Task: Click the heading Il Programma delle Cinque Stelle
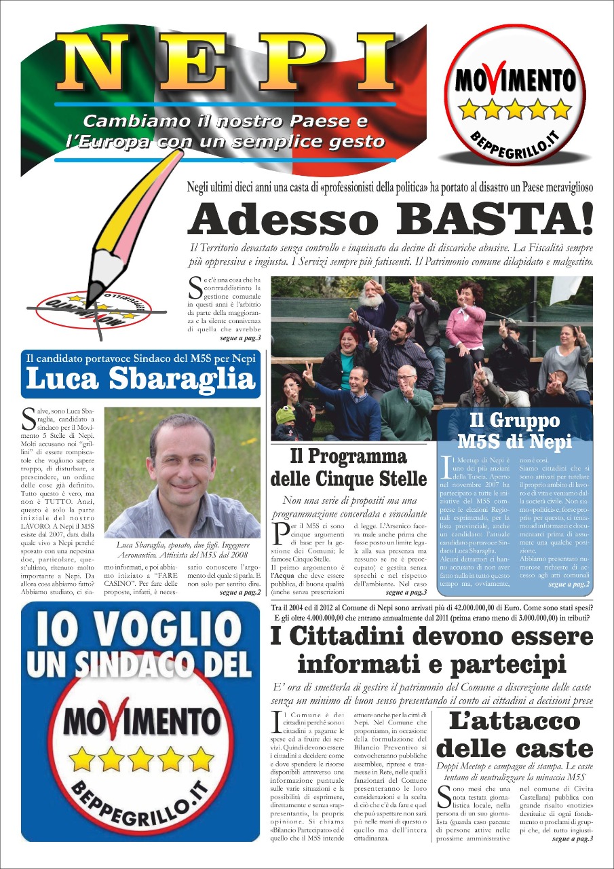[x=349, y=468]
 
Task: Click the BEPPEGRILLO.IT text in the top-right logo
[x=514, y=142]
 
